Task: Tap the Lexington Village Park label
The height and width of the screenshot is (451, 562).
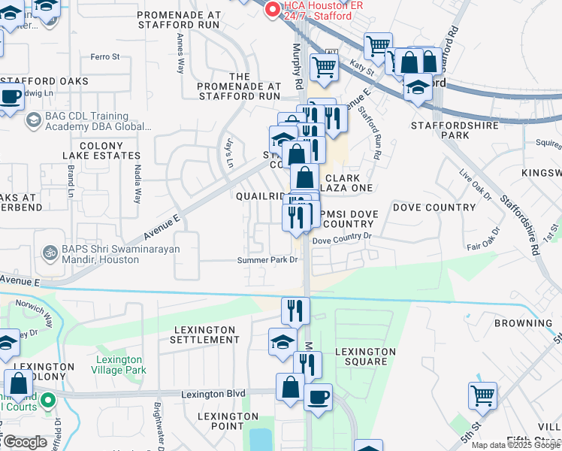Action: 120,365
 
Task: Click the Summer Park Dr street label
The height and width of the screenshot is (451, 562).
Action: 268,260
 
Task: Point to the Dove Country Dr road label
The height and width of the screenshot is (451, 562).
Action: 342,237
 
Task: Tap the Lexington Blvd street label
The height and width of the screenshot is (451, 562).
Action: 214,393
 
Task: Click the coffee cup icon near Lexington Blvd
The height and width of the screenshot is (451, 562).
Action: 318,396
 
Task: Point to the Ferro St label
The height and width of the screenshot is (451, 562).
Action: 105,56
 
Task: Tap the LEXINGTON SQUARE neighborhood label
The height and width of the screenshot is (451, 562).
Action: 365,356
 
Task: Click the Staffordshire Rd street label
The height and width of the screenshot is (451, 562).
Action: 521,218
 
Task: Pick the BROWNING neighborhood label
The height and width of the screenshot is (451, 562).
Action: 523,323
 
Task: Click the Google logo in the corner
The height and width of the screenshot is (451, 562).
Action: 24,442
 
